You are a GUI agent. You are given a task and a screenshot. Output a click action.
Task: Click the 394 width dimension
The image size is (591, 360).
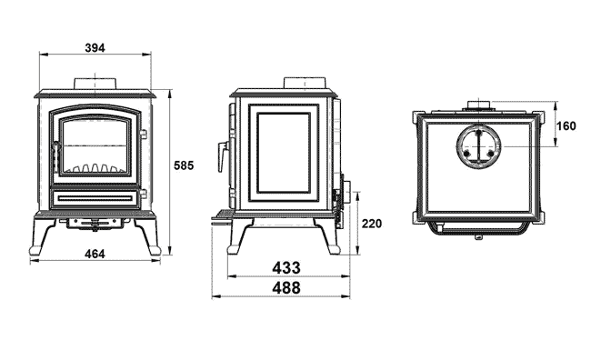tap(95, 48)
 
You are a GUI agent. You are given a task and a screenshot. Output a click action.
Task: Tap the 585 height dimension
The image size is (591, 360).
tap(184, 165)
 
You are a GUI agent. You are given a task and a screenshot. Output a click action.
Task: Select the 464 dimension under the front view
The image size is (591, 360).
tap(95, 254)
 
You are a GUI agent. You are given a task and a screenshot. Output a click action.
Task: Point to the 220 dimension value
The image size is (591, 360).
tap(372, 224)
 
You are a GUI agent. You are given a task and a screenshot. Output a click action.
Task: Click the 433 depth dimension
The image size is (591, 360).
tap(286, 268)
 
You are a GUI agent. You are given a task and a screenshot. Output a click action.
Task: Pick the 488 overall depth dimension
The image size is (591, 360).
tap(286, 288)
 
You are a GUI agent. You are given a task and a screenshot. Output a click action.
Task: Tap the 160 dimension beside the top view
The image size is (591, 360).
tap(566, 125)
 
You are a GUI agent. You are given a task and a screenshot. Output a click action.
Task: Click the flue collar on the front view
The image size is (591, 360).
tap(95, 84)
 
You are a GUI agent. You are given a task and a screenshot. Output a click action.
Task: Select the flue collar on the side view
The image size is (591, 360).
tap(305, 83)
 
